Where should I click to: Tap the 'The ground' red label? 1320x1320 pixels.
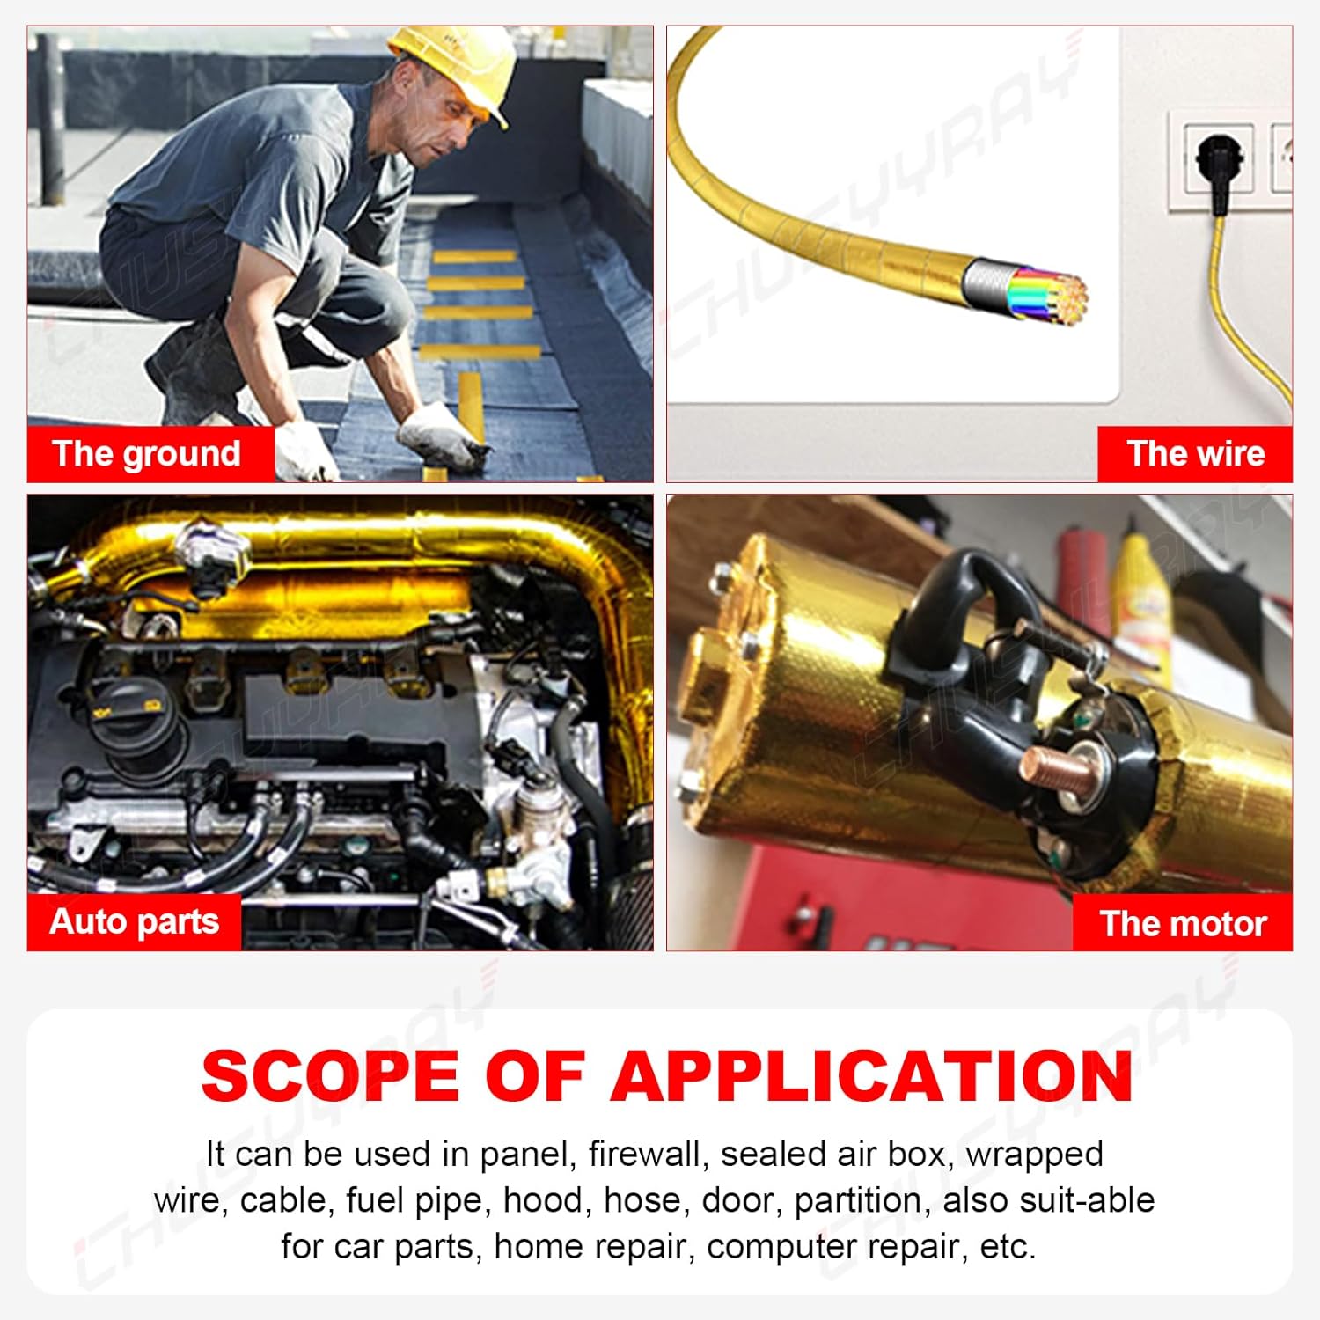point(147,454)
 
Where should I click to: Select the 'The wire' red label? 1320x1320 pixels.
point(1195,454)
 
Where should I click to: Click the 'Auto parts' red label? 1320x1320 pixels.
point(134,921)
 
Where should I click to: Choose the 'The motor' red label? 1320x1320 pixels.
point(1183,923)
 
